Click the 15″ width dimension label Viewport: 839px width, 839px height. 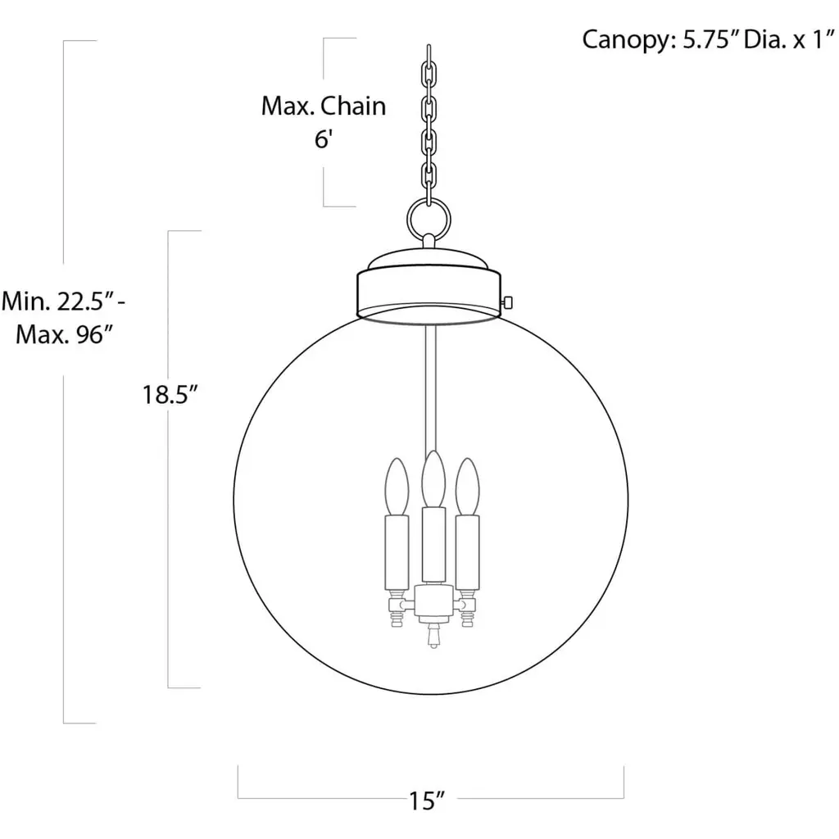click(x=427, y=800)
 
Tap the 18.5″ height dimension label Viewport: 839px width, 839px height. click(x=170, y=395)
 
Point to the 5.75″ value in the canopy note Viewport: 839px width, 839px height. click(x=711, y=39)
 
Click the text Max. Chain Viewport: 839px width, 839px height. click(x=323, y=106)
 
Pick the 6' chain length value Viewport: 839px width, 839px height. click(x=324, y=139)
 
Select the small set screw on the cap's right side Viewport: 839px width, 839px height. click(x=508, y=303)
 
